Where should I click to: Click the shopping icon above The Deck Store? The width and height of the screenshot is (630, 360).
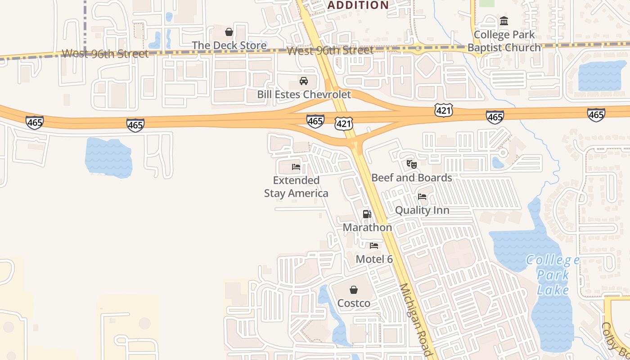pyautogui.click(x=229, y=32)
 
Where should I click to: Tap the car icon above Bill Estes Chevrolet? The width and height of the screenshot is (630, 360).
pyautogui.click(x=304, y=81)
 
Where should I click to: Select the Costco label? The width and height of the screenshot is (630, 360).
pyautogui.click(x=354, y=303)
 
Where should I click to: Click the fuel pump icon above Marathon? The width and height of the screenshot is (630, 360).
pyautogui.click(x=367, y=214)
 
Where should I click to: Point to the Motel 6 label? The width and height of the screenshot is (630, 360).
pyautogui.click(x=374, y=259)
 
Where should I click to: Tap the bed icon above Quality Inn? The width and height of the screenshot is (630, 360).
pyautogui.click(x=422, y=197)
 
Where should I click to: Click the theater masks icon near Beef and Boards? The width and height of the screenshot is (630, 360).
pyautogui.click(x=411, y=164)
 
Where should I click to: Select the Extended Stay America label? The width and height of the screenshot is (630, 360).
pyautogui.click(x=296, y=187)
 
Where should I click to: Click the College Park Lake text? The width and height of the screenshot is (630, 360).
pyautogui.click(x=553, y=275)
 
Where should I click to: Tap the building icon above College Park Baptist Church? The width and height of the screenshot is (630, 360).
pyautogui.click(x=504, y=21)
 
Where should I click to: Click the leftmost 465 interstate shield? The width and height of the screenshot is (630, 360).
pyautogui.click(x=35, y=122)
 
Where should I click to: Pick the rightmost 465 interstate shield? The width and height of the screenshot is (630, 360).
pyautogui.click(x=596, y=114)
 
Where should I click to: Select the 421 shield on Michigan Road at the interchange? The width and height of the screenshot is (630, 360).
pyautogui.click(x=343, y=123)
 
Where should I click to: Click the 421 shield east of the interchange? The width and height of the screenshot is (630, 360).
pyautogui.click(x=444, y=110)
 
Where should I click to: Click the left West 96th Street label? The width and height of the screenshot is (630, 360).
pyautogui.click(x=105, y=54)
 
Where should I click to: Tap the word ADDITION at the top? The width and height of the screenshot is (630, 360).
pyautogui.click(x=358, y=5)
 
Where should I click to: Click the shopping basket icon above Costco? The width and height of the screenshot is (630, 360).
pyautogui.click(x=354, y=289)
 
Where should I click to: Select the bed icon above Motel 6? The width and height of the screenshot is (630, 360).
pyautogui.click(x=374, y=246)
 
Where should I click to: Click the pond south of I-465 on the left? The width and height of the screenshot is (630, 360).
pyautogui.click(x=108, y=157)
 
